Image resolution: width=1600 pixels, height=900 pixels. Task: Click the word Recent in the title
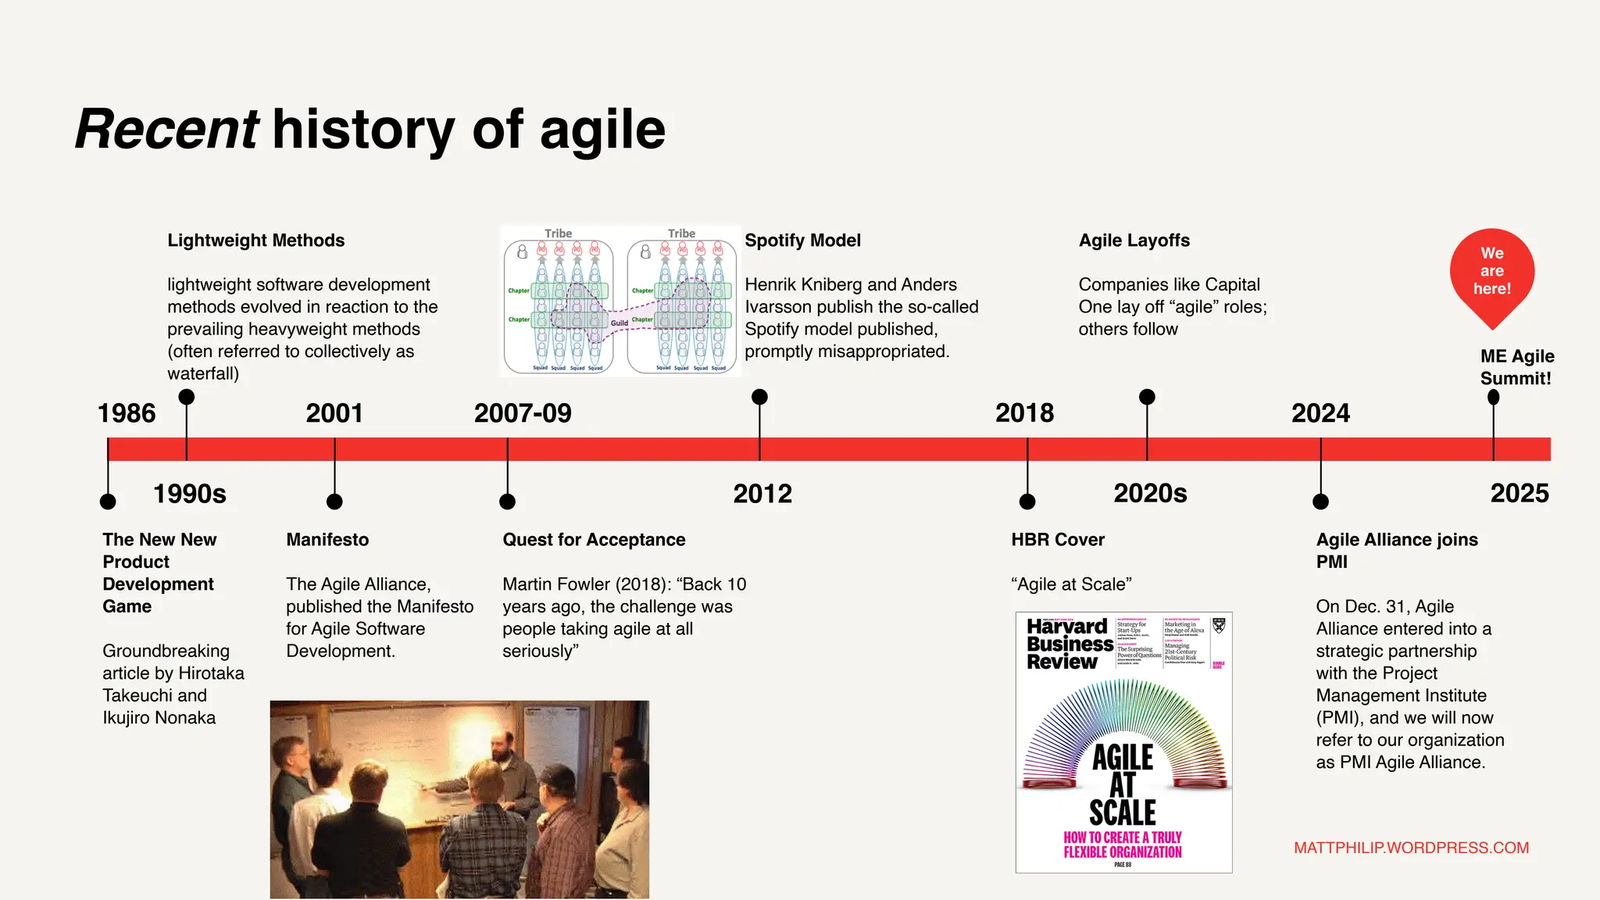click(x=166, y=129)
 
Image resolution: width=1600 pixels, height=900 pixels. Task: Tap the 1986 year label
click(x=127, y=413)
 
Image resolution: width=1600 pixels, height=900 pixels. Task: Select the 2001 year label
click(x=334, y=413)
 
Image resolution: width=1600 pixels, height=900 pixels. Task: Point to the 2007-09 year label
click(x=523, y=413)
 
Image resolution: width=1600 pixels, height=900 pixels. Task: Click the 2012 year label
click(x=762, y=494)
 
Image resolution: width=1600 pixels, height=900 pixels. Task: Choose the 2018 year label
click(x=1024, y=413)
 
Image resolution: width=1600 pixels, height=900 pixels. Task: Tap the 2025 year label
click(x=1520, y=494)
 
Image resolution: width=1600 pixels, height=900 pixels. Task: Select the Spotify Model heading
click(x=802, y=241)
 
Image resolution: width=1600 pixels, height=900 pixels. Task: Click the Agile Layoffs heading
click(x=1134, y=241)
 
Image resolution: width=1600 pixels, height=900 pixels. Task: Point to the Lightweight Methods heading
click(x=255, y=241)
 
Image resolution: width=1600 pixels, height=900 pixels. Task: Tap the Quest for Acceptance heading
click(x=594, y=540)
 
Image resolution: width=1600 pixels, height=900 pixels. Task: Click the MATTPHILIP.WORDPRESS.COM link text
click(x=1411, y=848)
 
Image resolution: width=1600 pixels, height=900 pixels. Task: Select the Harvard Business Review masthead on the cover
click(x=1069, y=644)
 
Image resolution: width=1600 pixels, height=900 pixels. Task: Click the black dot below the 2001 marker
click(x=334, y=502)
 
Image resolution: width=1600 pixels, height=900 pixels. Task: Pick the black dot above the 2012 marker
click(x=759, y=397)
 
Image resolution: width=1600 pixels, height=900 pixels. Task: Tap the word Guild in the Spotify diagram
click(x=620, y=323)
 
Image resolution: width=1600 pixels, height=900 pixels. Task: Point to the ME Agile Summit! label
click(x=1516, y=367)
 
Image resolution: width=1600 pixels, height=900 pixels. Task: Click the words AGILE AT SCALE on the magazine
click(x=1123, y=784)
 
